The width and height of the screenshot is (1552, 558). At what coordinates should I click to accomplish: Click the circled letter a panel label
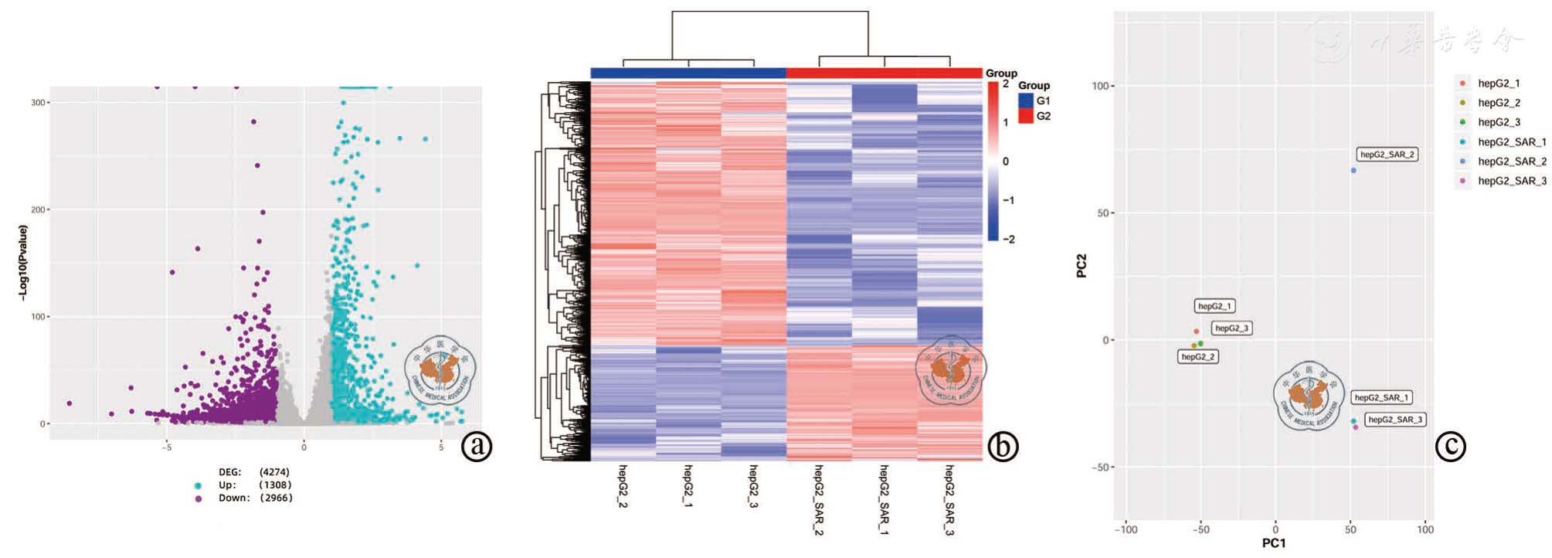click(x=477, y=446)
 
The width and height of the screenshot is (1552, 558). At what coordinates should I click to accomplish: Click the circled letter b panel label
click(x=1003, y=446)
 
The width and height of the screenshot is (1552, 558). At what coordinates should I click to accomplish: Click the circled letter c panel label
click(x=1450, y=446)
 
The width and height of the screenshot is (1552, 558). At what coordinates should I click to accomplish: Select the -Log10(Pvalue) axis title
click(x=23, y=263)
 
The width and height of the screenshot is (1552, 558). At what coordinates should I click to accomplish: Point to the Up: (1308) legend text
click(x=255, y=485)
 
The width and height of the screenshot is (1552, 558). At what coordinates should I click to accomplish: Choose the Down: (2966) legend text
click(x=255, y=498)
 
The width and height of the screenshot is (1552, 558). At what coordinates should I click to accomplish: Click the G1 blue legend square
click(x=1026, y=101)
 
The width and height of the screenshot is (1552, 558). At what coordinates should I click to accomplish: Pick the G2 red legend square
click(x=1026, y=116)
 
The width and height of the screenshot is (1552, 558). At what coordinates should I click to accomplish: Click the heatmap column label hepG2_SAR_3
click(x=949, y=499)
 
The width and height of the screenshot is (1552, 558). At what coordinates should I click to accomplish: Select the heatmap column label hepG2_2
click(x=623, y=485)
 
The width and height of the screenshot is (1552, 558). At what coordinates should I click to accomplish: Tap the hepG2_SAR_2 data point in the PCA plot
click(x=1353, y=170)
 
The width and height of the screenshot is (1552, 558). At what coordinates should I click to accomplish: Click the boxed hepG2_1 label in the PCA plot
click(x=1214, y=306)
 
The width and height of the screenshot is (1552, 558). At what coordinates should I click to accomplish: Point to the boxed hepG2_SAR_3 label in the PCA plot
click(x=1394, y=420)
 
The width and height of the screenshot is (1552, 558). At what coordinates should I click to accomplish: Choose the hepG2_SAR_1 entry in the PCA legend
click(x=1511, y=142)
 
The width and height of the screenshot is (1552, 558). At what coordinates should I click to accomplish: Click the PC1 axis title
click(x=1274, y=543)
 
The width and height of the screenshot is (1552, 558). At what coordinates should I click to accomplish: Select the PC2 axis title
click(x=1082, y=265)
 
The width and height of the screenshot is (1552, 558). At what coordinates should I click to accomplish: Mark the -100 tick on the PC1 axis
click(x=1126, y=529)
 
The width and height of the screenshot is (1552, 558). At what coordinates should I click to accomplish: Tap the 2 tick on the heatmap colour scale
click(x=1006, y=83)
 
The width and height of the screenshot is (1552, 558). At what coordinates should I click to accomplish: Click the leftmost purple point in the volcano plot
click(x=70, y=403)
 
